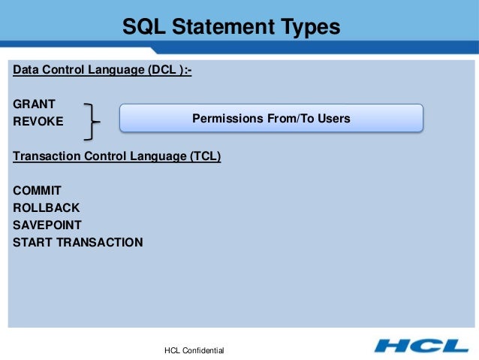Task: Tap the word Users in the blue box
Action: point(334,119)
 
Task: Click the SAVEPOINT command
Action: point(47,225)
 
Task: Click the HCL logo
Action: point(420,346)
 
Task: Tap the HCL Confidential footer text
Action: point(194,351)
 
